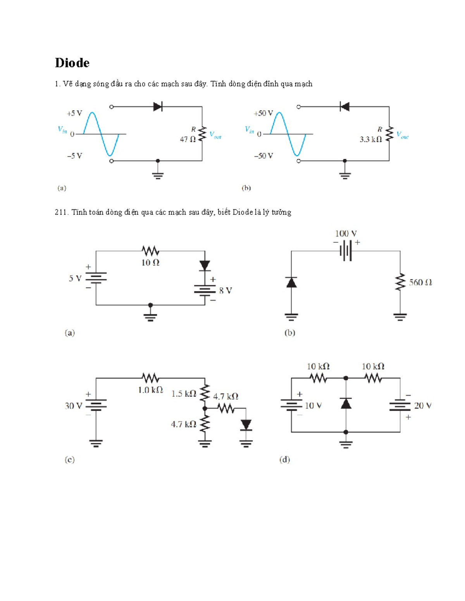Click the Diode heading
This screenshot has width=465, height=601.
coord(72,63)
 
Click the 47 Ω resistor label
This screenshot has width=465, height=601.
coord(188,139)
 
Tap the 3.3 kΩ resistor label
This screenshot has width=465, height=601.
coord(370,139)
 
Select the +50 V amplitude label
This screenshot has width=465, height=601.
coord(263,113)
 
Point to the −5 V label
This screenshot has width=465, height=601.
coord(74,156)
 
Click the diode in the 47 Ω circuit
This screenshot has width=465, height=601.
coord(158,106)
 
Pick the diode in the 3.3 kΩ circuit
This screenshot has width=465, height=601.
coord(344,106)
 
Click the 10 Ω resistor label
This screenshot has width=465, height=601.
coord(150,263)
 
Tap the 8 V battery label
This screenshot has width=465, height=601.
coord(226,291)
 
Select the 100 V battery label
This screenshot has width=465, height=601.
coord(346,234)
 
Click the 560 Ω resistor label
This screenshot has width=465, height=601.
coord(420,283)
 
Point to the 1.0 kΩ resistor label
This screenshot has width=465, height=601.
coord(150,390)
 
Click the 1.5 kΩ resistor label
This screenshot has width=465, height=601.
coord(184,394)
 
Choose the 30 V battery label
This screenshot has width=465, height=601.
coord(74,406)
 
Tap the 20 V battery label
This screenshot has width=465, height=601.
coord(423,406)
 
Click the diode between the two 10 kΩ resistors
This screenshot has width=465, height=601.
coord(346,404)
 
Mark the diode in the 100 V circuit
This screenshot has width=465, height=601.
coord(291,283)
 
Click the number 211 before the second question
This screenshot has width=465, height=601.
coord(61,212)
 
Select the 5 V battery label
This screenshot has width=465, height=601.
coord(75,279)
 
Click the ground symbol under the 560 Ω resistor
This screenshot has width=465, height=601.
coord(400,317)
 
